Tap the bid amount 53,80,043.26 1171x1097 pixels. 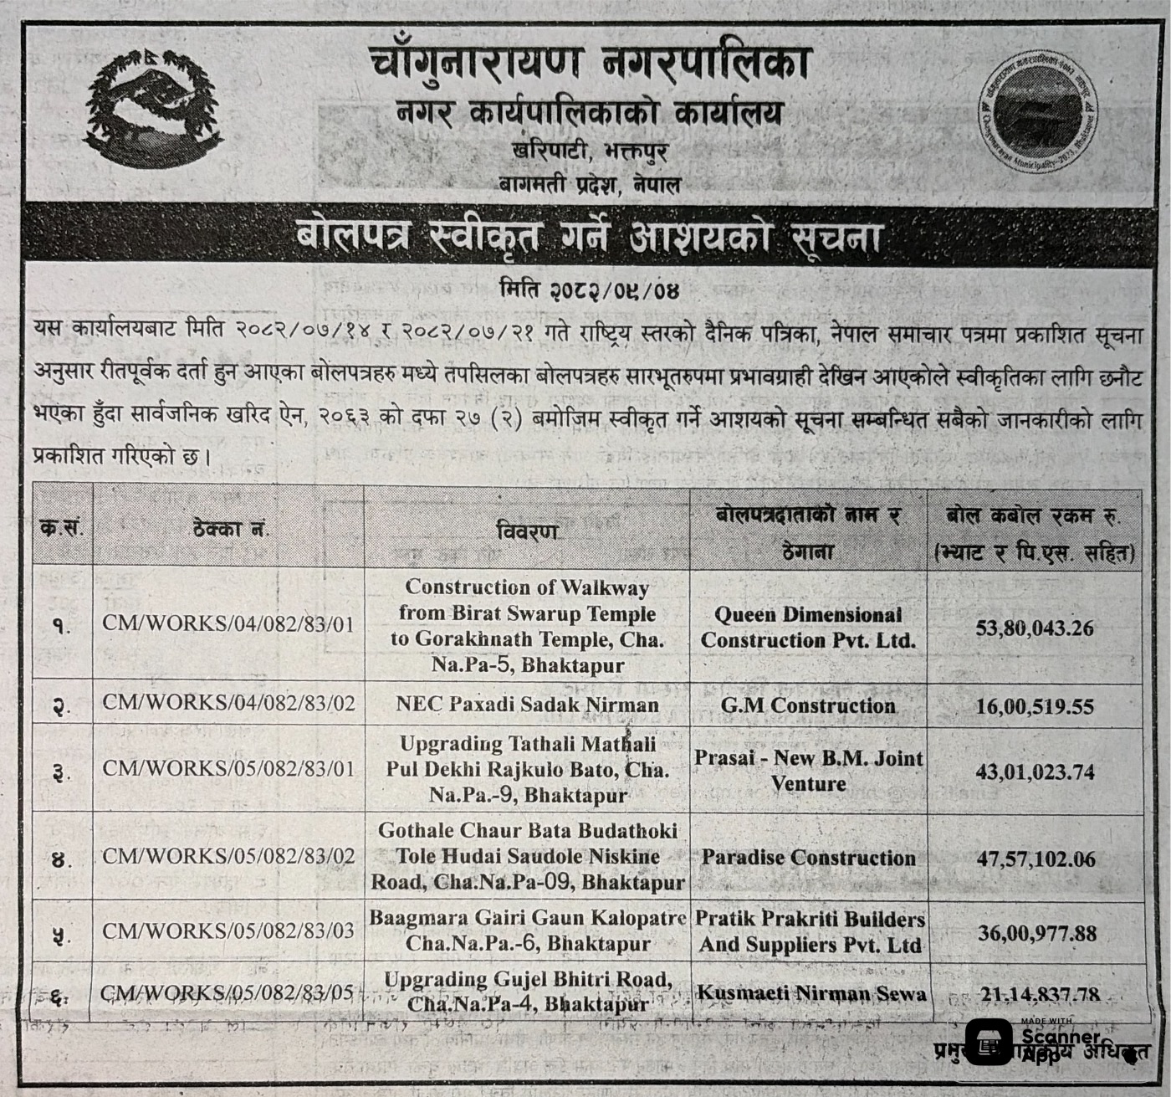(1035, 628)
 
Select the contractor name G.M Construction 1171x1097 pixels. (808, 705)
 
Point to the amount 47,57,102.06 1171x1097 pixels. (1035, 859)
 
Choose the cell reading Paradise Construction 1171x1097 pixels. (808, 858)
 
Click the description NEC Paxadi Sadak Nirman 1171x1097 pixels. (527, 705)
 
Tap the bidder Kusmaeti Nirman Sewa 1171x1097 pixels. (811, 993)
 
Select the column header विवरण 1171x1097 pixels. (527, 531)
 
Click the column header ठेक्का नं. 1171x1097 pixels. (228, 529)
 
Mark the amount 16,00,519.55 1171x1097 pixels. (1035, 707)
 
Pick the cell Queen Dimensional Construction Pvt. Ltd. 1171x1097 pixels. (808, 628)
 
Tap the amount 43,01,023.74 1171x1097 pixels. (1035, 771)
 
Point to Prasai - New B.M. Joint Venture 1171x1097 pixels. (808, 771)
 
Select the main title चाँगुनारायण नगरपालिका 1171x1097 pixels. (589, 64)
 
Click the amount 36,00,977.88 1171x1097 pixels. (1036, 932)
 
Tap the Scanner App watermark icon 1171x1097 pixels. (988, 1043)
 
